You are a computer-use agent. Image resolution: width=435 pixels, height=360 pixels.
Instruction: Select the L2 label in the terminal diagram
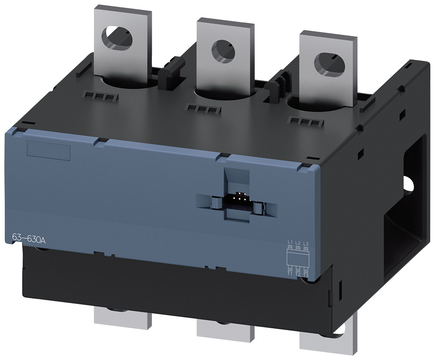298,242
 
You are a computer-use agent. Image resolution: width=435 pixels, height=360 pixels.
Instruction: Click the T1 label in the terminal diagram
290,275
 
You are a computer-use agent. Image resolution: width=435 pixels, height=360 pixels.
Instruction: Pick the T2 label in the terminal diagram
298,275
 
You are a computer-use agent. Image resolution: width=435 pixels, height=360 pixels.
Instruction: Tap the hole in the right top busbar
324,59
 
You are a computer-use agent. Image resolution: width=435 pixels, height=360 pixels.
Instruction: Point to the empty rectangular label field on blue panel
49,150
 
